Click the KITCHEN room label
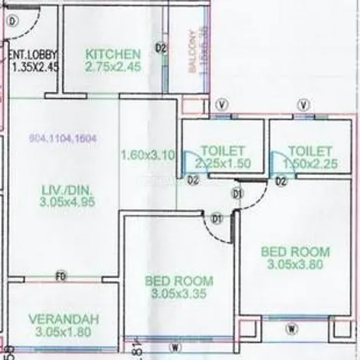click(x=113, y=54)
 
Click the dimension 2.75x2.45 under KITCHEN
click(x=113, y=67)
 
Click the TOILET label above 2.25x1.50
click(x=222, y=151)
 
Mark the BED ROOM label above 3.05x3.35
click(x=178, y=280)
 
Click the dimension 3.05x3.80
click(x=295, y=264)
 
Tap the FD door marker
click(x=61, y=276)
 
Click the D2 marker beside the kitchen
click(x=162, y=48)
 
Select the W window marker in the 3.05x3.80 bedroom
click(x=292, y=329)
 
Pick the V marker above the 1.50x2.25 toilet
click(x=305, y=105)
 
